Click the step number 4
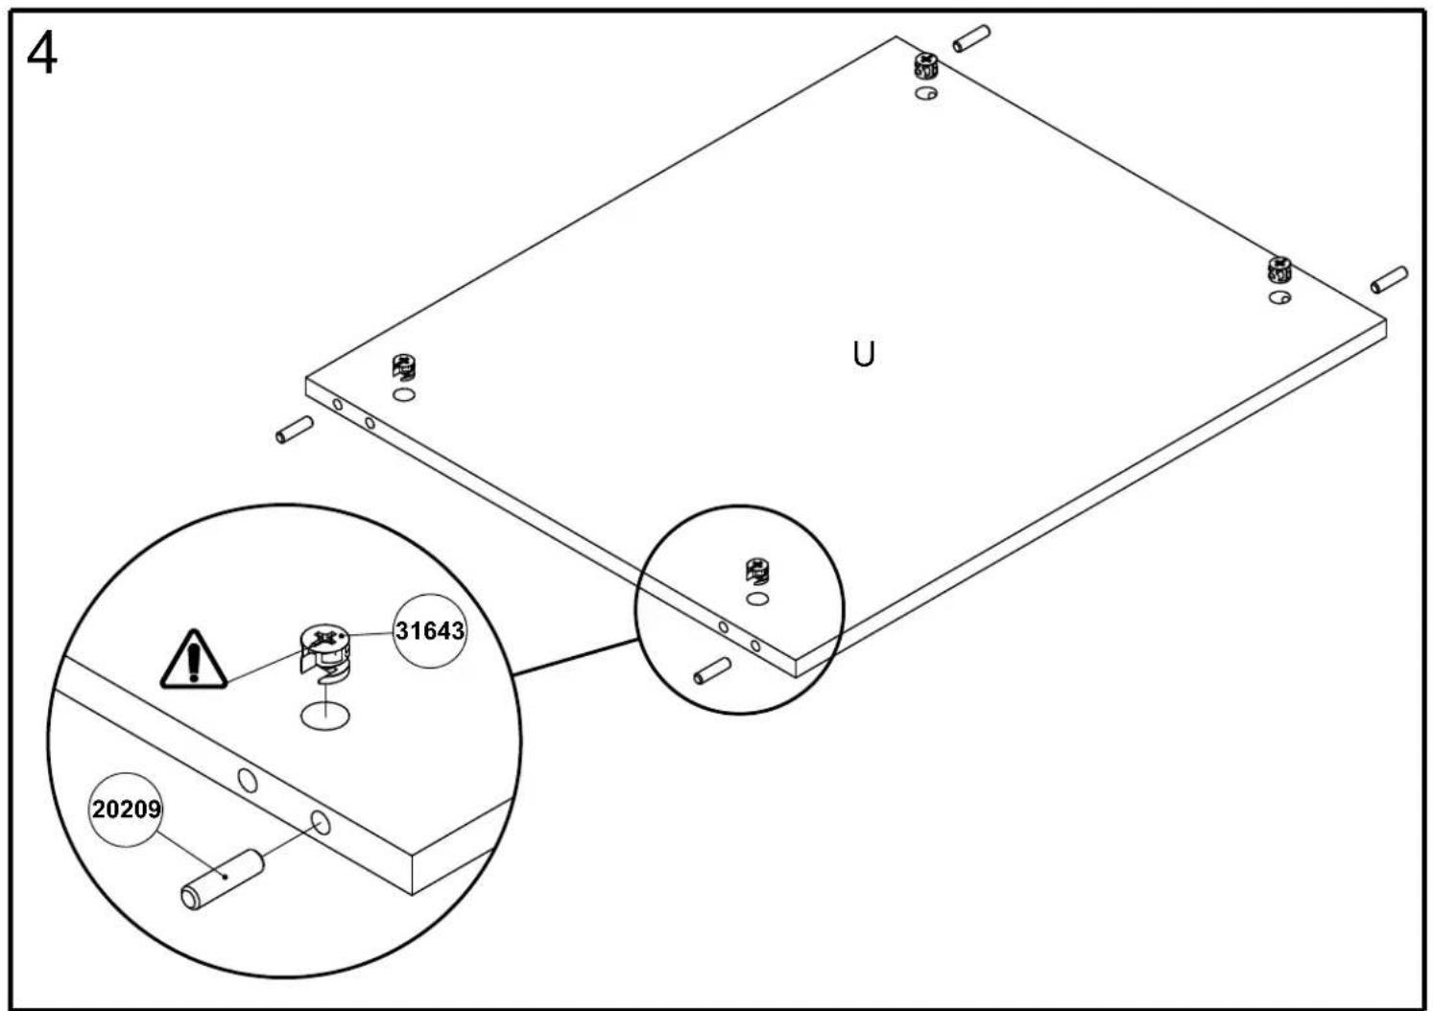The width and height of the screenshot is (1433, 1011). [x=42, y=55]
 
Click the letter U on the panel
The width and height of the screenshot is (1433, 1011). [x=864, y=354]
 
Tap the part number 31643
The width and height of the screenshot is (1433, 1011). [x=429, y=630]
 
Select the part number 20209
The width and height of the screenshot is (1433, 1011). [x=126, y=809]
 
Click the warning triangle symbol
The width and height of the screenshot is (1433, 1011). [x=194, y=659]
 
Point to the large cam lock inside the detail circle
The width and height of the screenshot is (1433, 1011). [x=325, y=653]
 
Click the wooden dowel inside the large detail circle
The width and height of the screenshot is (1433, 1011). [x=222, y=880]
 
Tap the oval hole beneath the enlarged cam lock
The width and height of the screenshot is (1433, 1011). [x=325, y=717]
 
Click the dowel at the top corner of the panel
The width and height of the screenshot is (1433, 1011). [x=971, y=38]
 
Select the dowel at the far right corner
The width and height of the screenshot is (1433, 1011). [x=1389, y=279]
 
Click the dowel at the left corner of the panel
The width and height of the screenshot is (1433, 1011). [x=295, y=430]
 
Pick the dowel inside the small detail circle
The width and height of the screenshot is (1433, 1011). [x=712, y=670]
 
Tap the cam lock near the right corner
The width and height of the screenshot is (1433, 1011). [x=1279, y=270]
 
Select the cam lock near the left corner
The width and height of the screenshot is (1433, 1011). [x=404, y=367]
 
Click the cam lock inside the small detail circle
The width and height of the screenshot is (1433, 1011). [x=757, y=571]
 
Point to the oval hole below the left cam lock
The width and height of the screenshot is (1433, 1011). [x=404, y=395]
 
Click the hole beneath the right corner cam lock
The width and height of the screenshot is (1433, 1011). [x=1279, y=297]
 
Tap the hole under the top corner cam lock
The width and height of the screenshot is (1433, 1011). [x=925, y=93]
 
